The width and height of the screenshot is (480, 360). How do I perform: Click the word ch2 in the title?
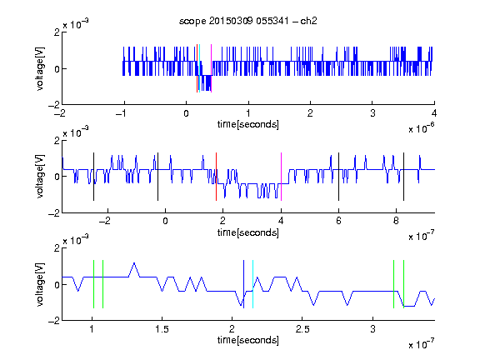tap(308, 21)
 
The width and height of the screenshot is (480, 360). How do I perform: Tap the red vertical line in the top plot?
tap(197, 68)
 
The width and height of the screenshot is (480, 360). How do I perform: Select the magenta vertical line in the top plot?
tap(211, 68)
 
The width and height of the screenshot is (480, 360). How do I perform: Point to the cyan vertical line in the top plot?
tap(200, 68)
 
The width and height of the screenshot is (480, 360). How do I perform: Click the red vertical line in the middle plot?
tap(216, 177)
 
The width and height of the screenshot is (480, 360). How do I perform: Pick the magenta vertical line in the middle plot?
tap(281, 177)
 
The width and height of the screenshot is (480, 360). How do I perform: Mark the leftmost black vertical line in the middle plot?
tap(93, 177)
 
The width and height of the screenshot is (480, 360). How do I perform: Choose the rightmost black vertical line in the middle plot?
tap(403, 177)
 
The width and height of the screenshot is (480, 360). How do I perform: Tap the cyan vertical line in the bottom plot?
tap(252, 284)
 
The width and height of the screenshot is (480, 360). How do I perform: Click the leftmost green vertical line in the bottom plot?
tap(93, 284)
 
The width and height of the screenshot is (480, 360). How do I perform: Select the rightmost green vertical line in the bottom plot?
tap(404, 284)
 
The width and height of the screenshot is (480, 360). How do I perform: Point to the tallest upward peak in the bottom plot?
tap(134, 263)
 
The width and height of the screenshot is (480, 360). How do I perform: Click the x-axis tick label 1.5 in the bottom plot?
tap(162, 329)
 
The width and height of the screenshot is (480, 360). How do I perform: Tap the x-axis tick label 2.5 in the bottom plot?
tap(302, 329)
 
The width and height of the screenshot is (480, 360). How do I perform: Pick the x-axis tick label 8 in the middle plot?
tap(396, 221)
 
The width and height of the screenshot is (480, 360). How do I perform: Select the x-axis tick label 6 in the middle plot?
tap(338, 221)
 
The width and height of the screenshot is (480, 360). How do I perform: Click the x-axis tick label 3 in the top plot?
tap(372, 113)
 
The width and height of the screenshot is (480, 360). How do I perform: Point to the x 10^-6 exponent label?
tap(422, 127)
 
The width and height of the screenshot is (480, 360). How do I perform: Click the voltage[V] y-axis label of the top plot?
tap(40, 68)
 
